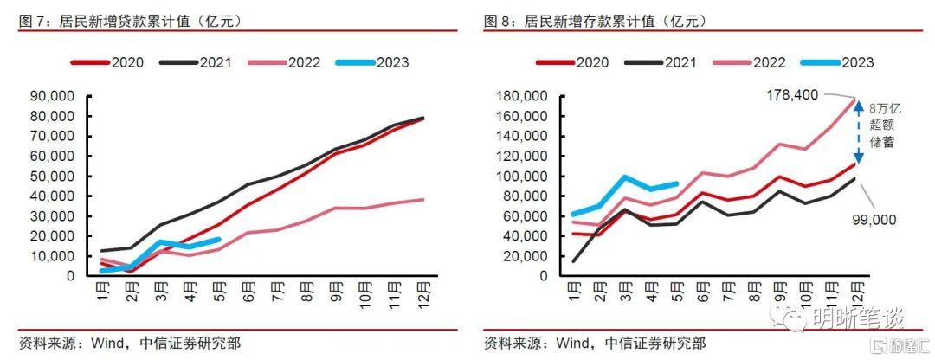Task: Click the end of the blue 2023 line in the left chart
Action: (220, 240)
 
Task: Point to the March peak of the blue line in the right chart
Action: (623, 177)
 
